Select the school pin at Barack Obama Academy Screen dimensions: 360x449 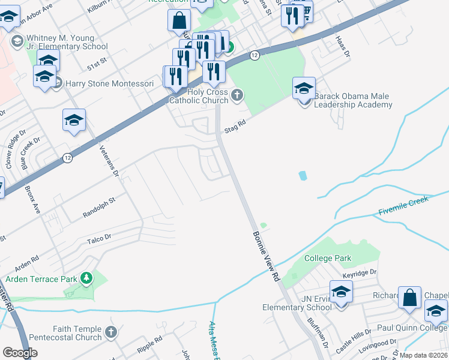304,88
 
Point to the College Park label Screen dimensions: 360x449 328,258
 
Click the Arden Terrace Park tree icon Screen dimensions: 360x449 87,278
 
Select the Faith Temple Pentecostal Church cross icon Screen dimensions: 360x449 110,331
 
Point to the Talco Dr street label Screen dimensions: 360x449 99,238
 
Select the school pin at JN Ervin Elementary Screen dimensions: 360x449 341,293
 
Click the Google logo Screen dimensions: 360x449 19,353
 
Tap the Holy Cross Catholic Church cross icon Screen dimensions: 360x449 238,94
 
